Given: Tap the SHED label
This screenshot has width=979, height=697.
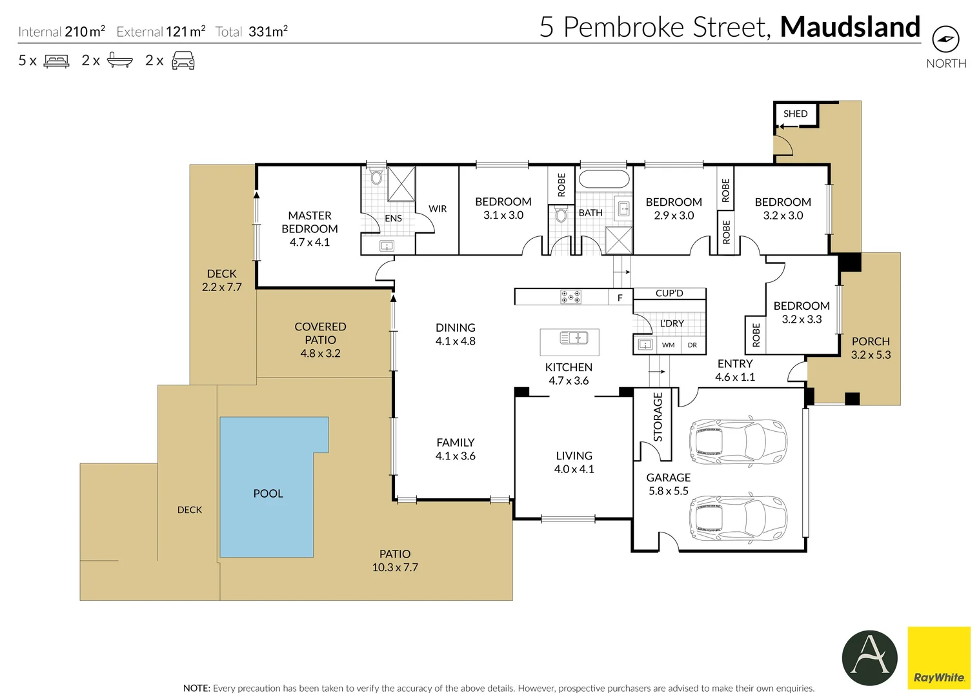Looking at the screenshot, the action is coord(796,114).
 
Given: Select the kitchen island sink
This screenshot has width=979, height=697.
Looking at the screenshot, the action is coord(574,338).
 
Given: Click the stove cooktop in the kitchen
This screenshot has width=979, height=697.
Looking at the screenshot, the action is coord(570,297).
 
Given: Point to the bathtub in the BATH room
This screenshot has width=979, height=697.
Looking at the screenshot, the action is coord(604,179).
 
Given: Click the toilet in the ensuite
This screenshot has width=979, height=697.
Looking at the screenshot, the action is coord(376,176).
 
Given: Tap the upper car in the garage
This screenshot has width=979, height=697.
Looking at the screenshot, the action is coord(738,441).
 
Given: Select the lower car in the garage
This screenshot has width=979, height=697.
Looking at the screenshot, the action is coord(738,518).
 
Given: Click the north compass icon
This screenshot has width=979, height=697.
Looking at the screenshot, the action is coord(946,39).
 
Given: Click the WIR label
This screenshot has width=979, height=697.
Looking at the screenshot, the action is coord(438,209).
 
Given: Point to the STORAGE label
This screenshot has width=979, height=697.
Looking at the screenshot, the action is coord(658,417).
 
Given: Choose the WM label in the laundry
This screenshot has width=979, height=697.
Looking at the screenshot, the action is coord(668,345).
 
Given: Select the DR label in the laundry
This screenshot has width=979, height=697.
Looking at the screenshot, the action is coord(692,345).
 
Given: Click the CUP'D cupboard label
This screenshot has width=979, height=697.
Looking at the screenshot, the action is coord(669,293).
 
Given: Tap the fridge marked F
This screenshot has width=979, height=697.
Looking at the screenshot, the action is coord(620,298).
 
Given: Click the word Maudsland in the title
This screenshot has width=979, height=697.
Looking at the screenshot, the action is coord(850,27).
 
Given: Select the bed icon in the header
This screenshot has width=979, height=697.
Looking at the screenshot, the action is coord(56,61).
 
